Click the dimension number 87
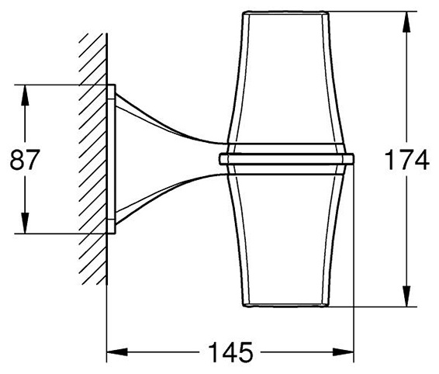click(23, 160)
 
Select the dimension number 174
click(406, 160)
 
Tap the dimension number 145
click(230, 351)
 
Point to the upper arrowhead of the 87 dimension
click(25, 95)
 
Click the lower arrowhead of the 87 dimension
click(25, 223)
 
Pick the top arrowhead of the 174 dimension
click(406, 22)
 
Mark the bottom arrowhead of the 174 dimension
click(406, 296)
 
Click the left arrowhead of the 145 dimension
click(117, 351)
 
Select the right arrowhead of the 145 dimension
click(344, 351)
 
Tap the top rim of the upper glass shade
click(285, 12)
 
